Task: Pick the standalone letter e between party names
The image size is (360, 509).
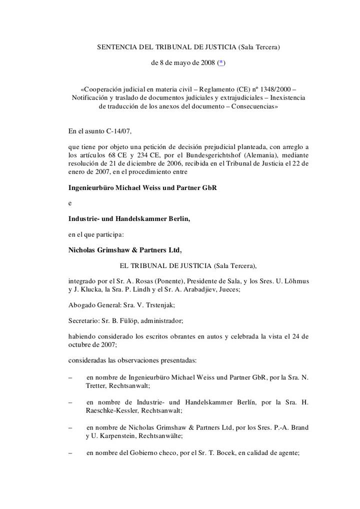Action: coord(70,203)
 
